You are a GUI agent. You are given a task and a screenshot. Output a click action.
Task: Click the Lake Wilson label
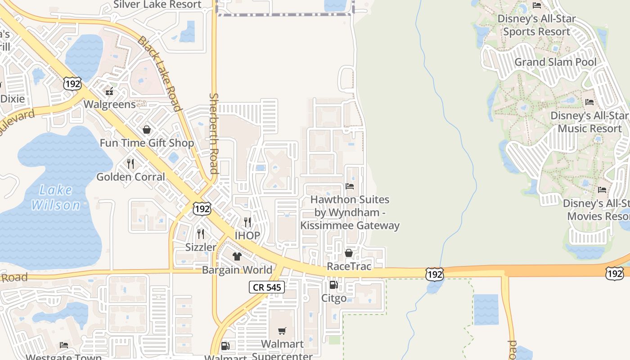[x=56, y=198]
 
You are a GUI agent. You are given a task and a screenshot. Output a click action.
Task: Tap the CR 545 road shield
[x=267, y=287]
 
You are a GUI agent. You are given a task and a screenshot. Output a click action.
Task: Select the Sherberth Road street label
[x=214, y=133]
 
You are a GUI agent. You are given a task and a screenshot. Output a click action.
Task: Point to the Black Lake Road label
[x=159, y=73]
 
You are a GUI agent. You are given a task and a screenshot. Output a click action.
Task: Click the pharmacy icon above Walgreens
[x=109, y=92]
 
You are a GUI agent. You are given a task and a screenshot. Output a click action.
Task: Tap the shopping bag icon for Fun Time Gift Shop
[x=147, y=130]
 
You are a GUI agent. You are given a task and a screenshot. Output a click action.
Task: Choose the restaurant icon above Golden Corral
[x=130, y=163]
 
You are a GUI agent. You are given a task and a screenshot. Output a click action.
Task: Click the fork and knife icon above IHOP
[x=247, y=222]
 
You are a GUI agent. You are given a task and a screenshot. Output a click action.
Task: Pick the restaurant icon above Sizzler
[x=201, y=234]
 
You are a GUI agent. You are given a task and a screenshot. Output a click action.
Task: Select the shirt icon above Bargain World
[x=237, y=256]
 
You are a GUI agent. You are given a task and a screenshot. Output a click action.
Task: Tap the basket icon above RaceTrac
[x=349, y=253]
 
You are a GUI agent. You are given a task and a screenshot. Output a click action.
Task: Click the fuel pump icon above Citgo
[x=333, y=284]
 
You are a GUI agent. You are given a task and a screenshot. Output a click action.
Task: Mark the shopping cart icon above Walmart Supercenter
[x=282, y=331]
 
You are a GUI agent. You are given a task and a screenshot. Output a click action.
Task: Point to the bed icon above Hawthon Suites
[x=350, y=186]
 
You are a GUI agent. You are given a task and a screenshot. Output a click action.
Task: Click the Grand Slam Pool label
[x=555, y=62]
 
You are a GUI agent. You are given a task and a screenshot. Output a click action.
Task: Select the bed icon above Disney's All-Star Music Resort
[x=589, y=102]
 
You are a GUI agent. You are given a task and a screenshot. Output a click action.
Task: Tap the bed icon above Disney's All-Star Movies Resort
[x=602, y=190]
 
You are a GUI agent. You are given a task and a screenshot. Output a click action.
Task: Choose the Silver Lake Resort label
[x=157, y=4]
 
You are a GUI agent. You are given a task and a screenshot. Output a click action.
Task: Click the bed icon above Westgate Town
[x=64, y=345]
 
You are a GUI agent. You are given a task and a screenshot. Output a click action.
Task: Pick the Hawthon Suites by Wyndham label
[x=350, y=212]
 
